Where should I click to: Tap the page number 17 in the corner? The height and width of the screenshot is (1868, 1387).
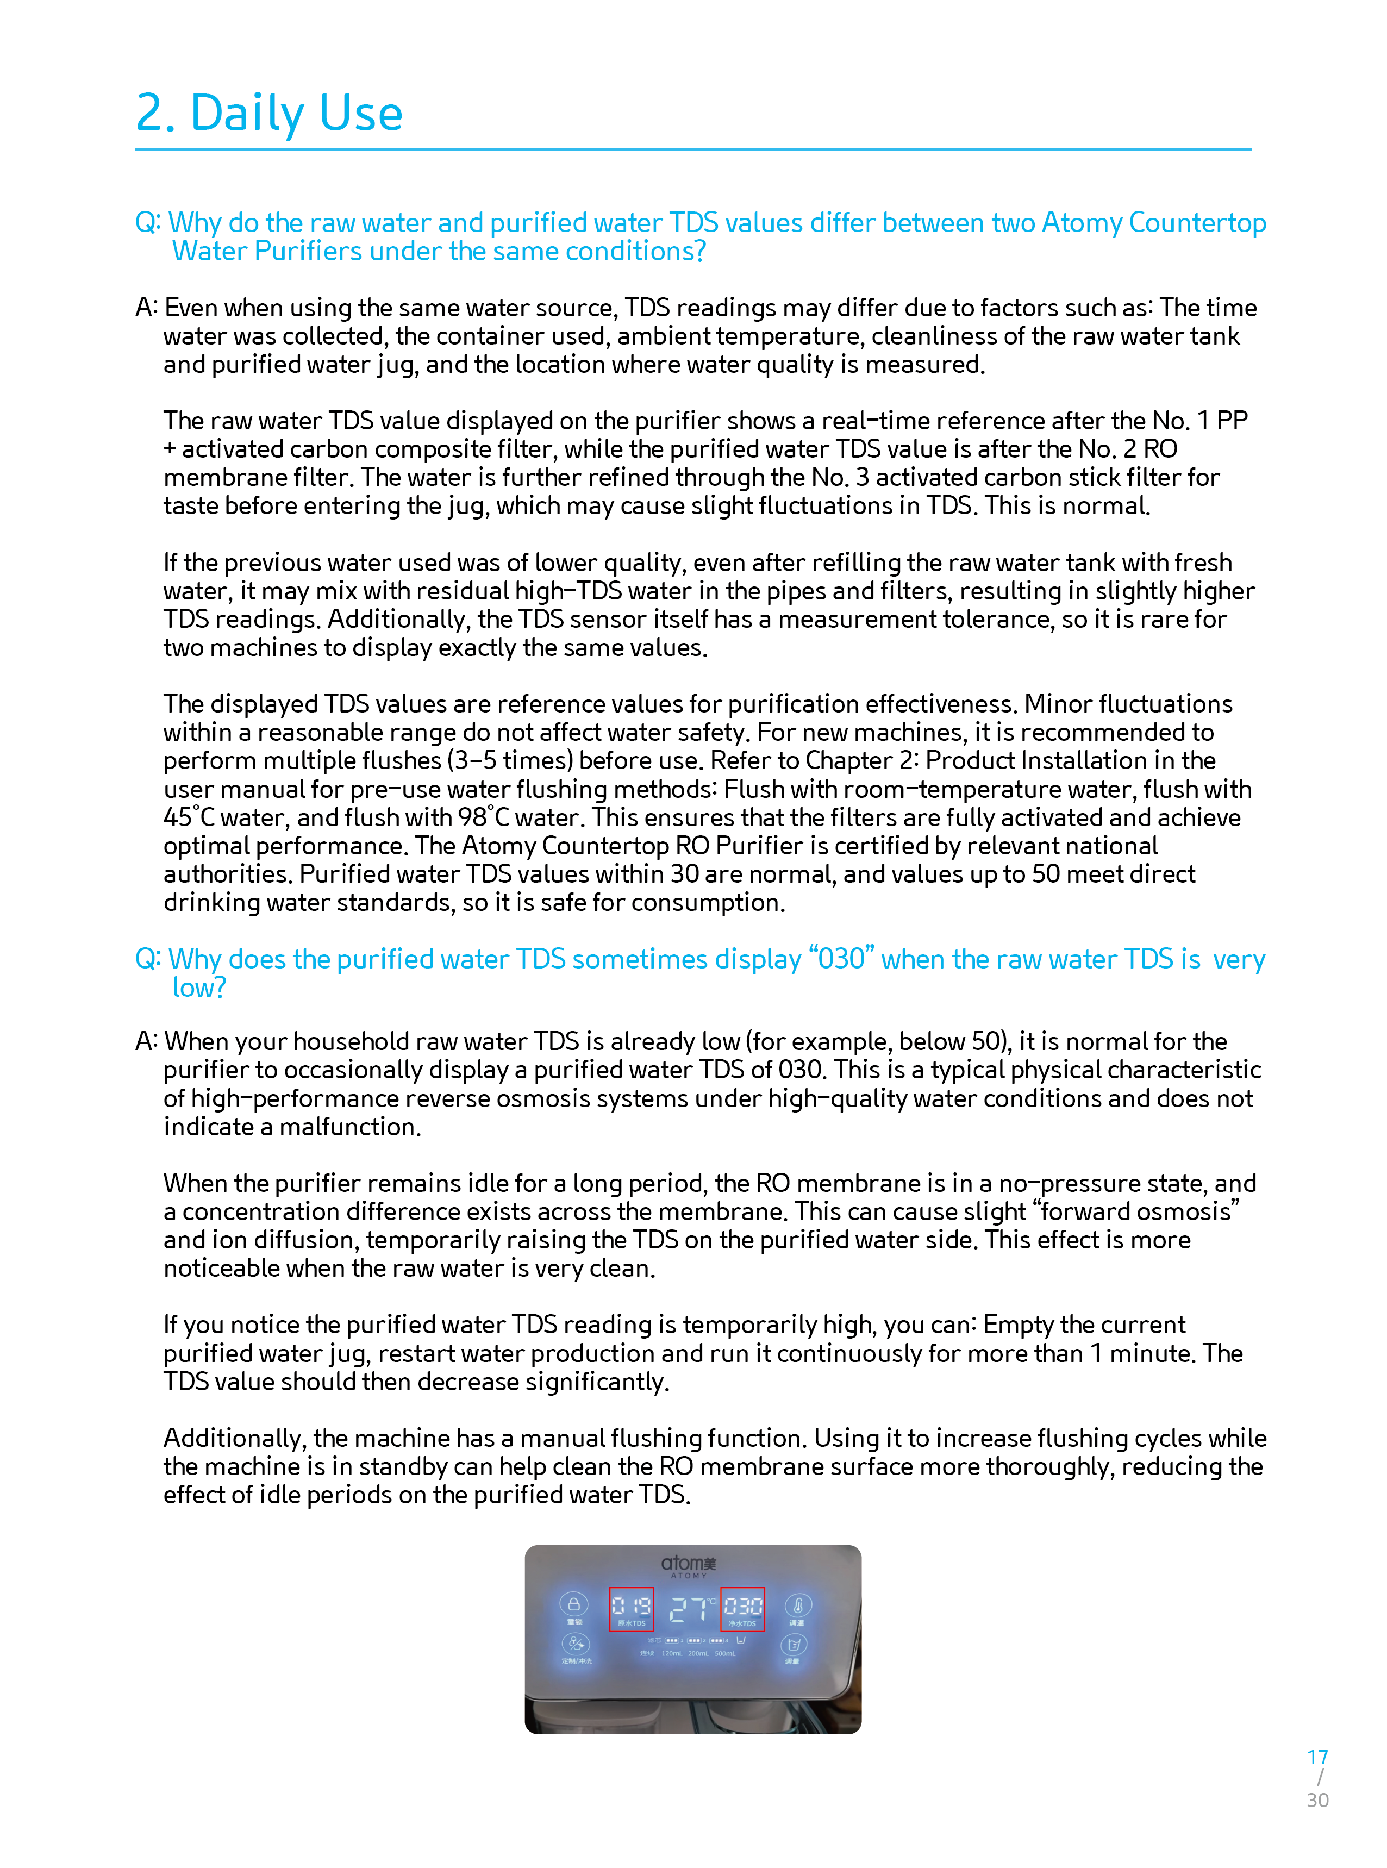tap(1316, 1757)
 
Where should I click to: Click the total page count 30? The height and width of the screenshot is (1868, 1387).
tap(1317, 1800)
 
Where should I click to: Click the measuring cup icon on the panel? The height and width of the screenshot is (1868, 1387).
tap(794, 1644)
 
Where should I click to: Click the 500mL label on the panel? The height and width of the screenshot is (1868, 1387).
tap(724, 1653)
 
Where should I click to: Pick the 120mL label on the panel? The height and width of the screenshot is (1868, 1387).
tap(672, 1653)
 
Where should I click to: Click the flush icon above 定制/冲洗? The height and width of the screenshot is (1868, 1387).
tap(575, 1643)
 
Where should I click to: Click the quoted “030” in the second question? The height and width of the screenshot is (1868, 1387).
tap(841, 959)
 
